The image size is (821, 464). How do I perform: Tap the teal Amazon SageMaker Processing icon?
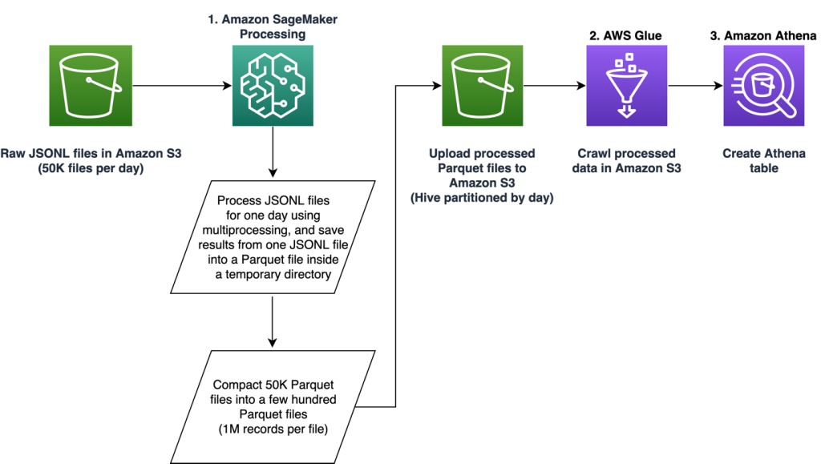[x=273, y=85]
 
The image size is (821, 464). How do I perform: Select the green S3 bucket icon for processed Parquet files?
[x=483, y=85]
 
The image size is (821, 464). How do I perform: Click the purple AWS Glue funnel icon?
[x=626, y=85]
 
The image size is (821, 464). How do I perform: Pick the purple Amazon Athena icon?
[x=763, y=85]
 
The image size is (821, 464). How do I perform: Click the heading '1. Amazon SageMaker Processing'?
[x=273, y=27]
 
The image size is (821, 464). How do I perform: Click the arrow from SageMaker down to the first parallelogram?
[x=273, y=151]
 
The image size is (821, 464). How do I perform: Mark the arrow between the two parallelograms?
[x=273, y=321]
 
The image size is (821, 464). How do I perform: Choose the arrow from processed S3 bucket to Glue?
[x=554, y=85]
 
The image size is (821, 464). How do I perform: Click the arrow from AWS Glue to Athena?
[x=694, y=85]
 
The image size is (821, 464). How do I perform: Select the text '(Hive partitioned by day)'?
[x=483, y=197]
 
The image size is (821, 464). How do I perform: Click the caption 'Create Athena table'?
[x=763, y=160]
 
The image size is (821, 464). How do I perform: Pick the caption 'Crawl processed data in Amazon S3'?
[x=626, y=160]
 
